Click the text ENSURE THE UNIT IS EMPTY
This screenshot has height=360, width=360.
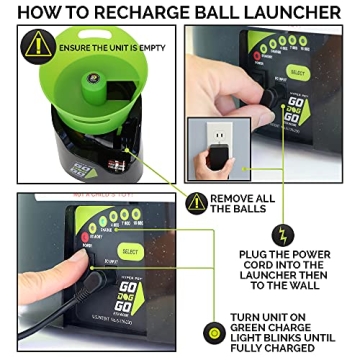pyautogui.click(x=105, y=47)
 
